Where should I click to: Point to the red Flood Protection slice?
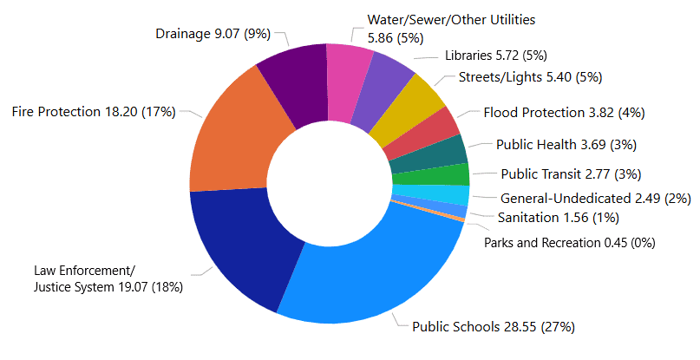[438, 128]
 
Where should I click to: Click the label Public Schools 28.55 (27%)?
[493, 327]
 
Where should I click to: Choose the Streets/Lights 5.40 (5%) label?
[530, 77]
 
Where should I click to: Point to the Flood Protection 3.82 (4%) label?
[564, 112]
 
